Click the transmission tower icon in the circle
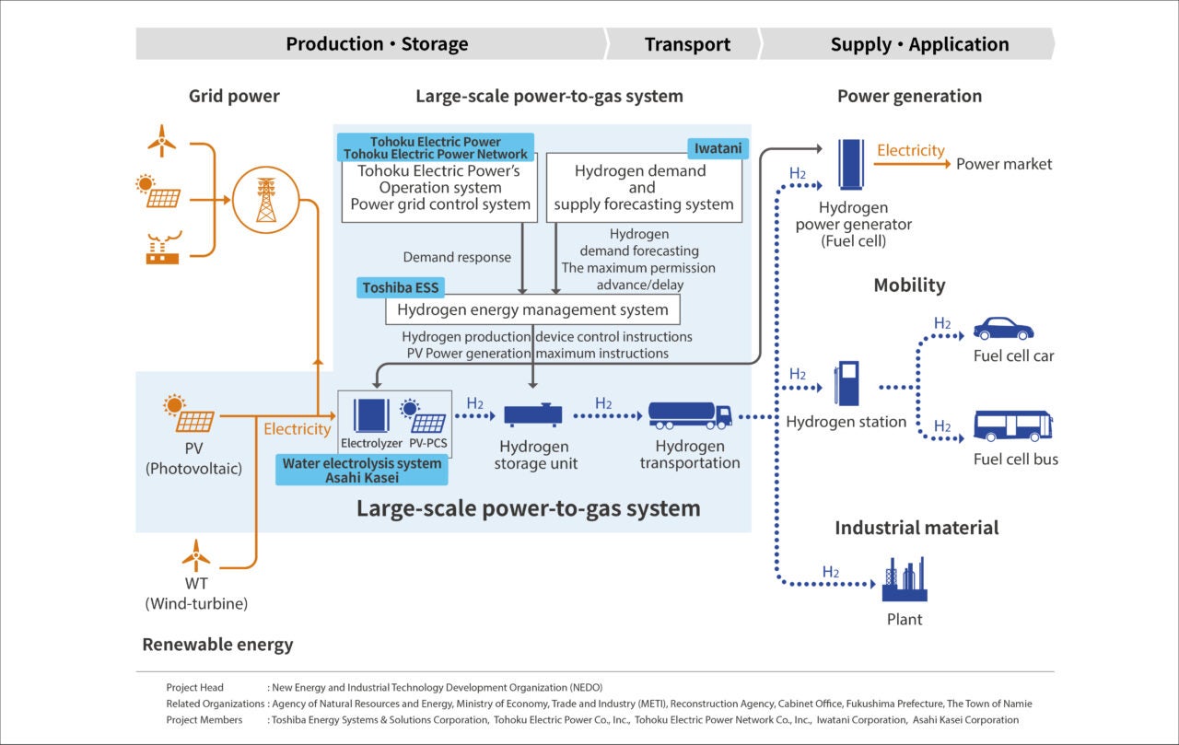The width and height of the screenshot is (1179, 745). [265, 199]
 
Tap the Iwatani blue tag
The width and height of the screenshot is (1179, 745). [718, 146]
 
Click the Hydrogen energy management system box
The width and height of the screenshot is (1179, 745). [532, 309]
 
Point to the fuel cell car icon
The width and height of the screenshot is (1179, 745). [1003, 329]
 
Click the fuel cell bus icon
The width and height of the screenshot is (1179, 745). [1012, 425]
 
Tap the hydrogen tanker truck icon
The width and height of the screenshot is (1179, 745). [690, 415]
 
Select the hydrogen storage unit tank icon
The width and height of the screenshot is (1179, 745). [533, 415]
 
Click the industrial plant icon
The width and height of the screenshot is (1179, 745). [904, 579]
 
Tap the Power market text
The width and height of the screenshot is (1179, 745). [1003, 164]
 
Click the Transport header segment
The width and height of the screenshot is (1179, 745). [687, 44]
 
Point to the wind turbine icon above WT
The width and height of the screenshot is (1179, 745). [195, 556]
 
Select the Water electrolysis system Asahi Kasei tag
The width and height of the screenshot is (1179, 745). [362, 470]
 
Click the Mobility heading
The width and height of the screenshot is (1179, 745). [909, 285]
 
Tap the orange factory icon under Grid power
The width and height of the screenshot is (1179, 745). [162, 250]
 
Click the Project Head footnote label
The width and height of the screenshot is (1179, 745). [194, 687]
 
